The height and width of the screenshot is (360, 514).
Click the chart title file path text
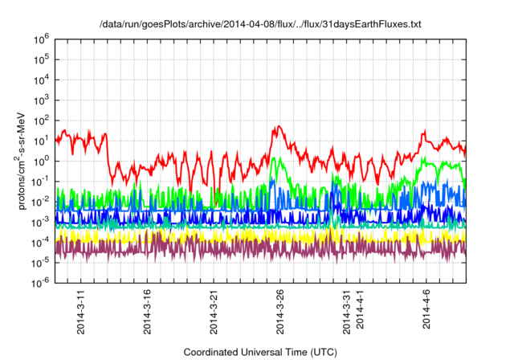[x=260, y=25]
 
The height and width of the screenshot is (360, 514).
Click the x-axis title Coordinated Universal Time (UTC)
[x=260, y=352]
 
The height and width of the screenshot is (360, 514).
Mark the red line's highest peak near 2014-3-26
[x=278, y=126]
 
